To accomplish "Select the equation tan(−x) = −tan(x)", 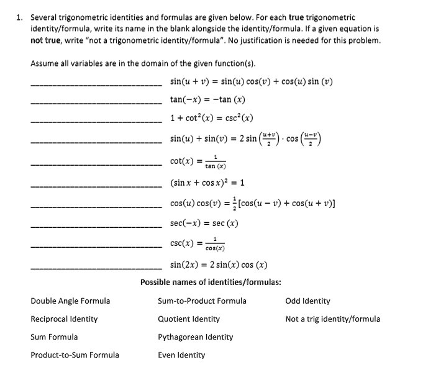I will point(207,100).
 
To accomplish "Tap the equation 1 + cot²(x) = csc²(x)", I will point(211,118).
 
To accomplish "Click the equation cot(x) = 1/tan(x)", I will point(198,161).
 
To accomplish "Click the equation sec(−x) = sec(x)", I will point(204,223).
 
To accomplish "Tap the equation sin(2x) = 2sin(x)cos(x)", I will point(219,265).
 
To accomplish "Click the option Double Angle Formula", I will point(70,301).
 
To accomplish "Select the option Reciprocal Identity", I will point(64,319).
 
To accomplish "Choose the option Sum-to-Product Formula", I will point(202,301).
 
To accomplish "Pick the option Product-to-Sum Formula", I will point(75,355).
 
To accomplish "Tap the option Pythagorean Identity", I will point(195,337).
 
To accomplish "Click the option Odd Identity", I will point(307,301).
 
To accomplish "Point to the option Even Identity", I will point(181,355).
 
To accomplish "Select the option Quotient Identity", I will point(188,319).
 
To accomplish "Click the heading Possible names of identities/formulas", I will point(211,283).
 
